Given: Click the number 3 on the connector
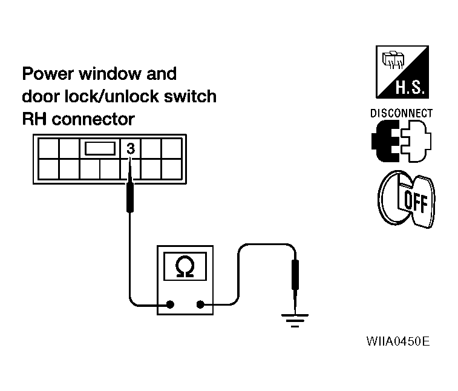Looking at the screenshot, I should [x=131, y=147].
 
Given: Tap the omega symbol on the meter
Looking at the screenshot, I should [x=184, y=267].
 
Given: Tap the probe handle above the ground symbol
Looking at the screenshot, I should [x=295, y=275].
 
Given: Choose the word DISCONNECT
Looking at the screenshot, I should [x=401, y=113].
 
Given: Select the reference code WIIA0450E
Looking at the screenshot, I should [x=397, y=341].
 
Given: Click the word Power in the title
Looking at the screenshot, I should [x=46, y=74].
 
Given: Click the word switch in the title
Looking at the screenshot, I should [x=192, y=97].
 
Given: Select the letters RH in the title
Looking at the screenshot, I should [x=34, y=119].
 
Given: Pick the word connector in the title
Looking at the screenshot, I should [x=94, y=119].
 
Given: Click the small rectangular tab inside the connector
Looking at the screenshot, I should [x=100, y=148].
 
